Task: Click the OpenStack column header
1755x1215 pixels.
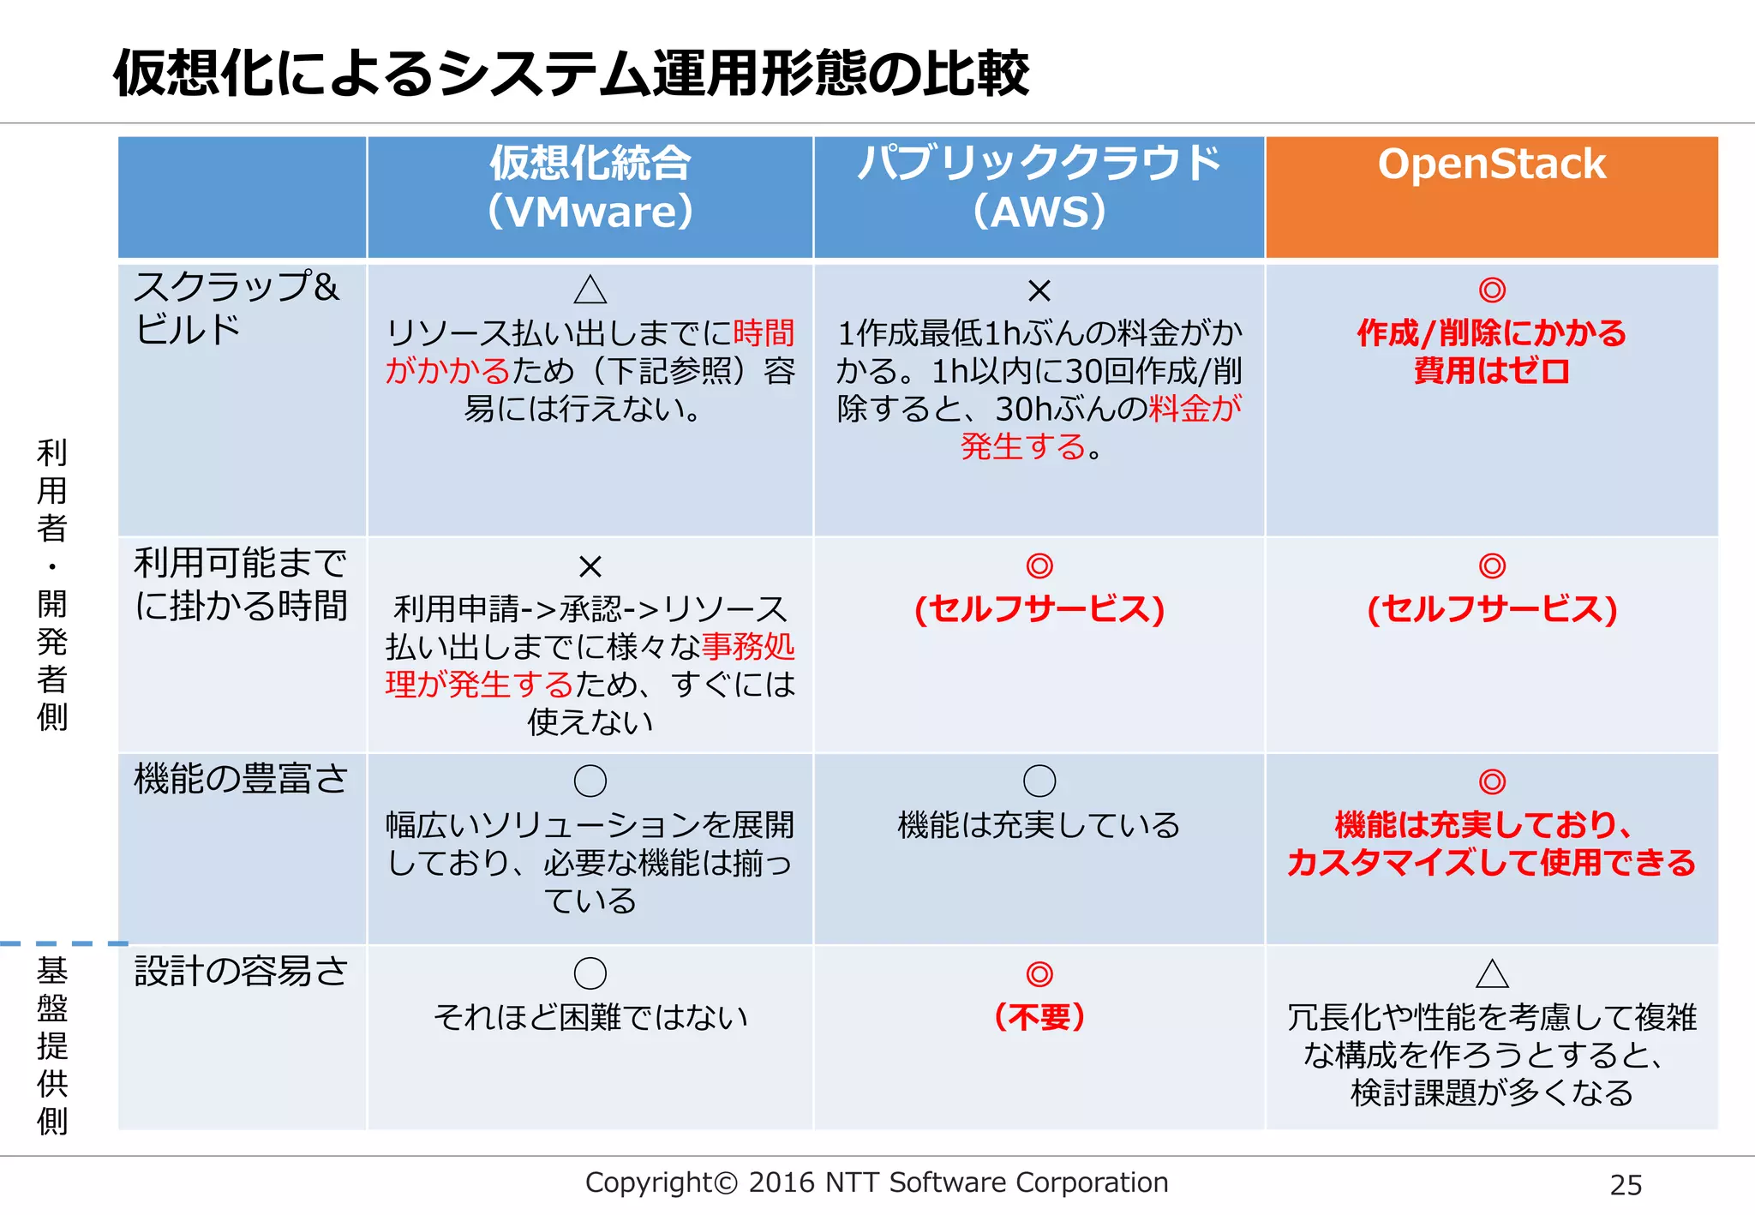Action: pyautogui.click(x=1491, y=165)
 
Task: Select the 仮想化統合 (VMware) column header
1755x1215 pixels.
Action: pyautogui.click(x=590, y=187)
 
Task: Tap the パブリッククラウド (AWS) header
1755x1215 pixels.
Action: pyautogui.click(x=1039, y=187)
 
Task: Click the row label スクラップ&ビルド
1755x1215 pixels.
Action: pyautogui.click(x=236, y=308)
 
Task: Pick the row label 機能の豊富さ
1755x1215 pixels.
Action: pyautogui.click(x=241, y=779)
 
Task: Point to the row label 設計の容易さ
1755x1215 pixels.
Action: pyautogui.click(x=241, y=971)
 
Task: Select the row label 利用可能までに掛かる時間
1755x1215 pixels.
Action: pyautogui.click(x=241, y=584)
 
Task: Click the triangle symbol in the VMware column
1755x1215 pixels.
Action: pyautogui.click(x=590, y=290)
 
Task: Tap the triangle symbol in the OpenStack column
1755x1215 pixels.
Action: pyautogui.click(x=1492, y=974)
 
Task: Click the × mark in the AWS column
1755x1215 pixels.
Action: pyautogui.click(x=1039, y=290)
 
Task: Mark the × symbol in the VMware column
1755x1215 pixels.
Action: pyautogui.click(x=590, y=566)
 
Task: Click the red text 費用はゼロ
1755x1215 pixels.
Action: pyautogui.click(x=1491, y=371)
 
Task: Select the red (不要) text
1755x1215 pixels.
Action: pyautogui.click(x=1039, y=1017)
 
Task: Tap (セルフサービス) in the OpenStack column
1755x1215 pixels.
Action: pyautogui.click(x=1491, y=609)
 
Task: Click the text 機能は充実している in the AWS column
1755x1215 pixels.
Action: pyautogui.click(x=1039, y=825)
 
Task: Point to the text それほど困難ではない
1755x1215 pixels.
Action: pyautogui.click(x=590, y=1017)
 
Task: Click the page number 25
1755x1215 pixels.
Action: pyautogui.click(x=1625, y=1185)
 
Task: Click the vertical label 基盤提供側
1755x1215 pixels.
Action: pyautogui.click(x=52, y=1045)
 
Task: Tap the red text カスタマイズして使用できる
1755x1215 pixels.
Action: pyautogui.click(x=1491, y=863)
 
